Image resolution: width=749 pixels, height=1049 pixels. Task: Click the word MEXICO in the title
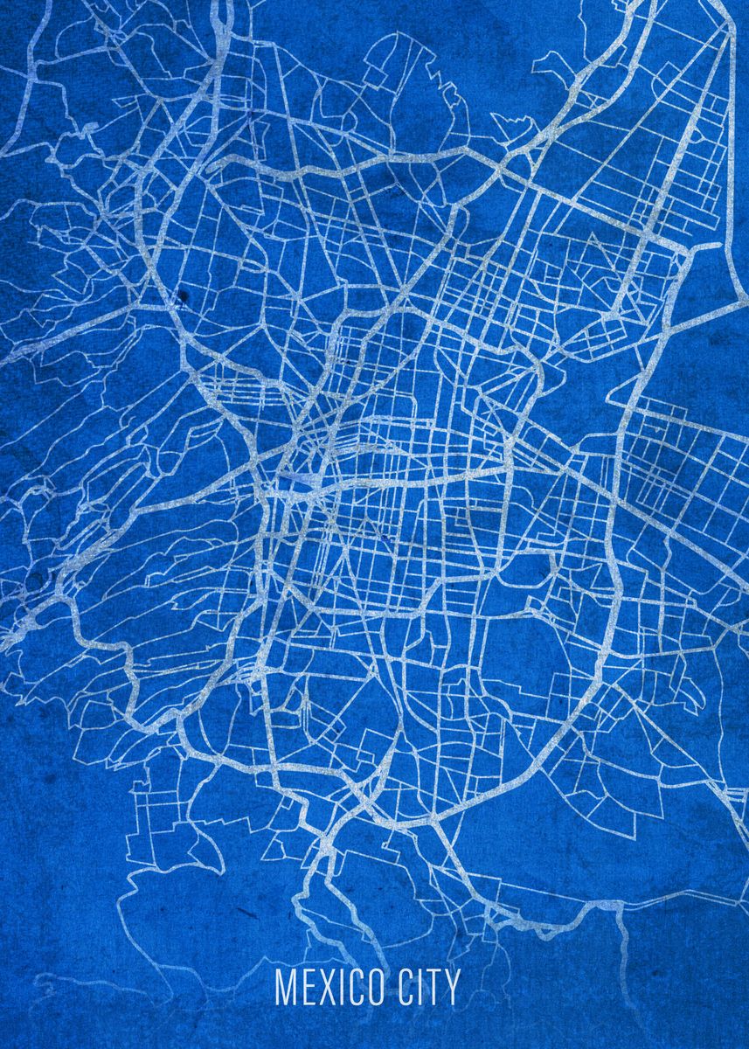(x=329, y=987)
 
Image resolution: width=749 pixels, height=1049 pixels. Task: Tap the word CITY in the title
(x=428, y=987)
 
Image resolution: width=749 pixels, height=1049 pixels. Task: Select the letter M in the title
(x=285, y=987)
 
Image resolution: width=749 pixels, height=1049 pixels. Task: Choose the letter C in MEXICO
(x=351, y=987)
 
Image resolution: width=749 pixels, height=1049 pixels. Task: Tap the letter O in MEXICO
(x=373, y=987)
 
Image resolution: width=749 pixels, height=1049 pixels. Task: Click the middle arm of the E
(x=306, y=986)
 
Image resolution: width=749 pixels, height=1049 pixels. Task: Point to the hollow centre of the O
(x=373, y=987)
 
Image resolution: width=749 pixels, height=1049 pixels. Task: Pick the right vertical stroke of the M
(x=294, y=987)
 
